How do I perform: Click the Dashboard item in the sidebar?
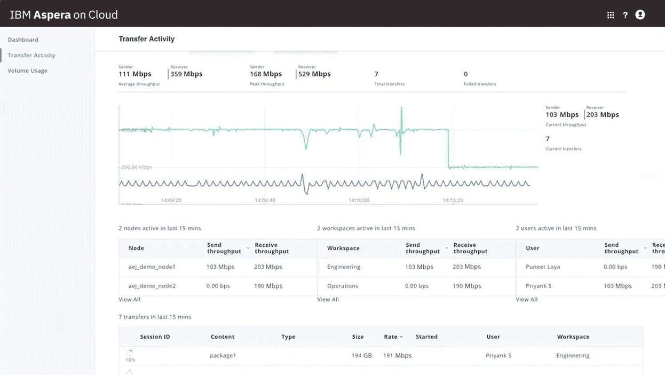(x=23, y=40)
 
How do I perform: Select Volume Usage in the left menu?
(x=27, y=71)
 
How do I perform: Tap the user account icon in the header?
(x=640, y=15)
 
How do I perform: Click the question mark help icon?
(x=625, y=15)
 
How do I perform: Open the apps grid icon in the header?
(x=611, y=15)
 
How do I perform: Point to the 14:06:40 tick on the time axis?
(x=265, y=200)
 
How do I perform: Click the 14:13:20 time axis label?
(x=453, y=200)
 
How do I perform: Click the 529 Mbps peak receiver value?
(x=314, y=74)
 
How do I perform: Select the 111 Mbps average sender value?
(x=135, y=74)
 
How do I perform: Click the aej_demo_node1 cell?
(x=152, y=267)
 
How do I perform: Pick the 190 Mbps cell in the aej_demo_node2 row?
(x=268, y=286)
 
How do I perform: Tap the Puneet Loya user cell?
(x=543, y=267)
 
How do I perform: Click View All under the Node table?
(x=129, y=300)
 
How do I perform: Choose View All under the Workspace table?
(x=328, y=300)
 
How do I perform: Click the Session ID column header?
(x=155, y=337)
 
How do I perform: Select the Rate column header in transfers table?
(x=391, y=337)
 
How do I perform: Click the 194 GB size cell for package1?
(x=362, y=355)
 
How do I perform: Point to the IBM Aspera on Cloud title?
(x=64, y=15)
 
